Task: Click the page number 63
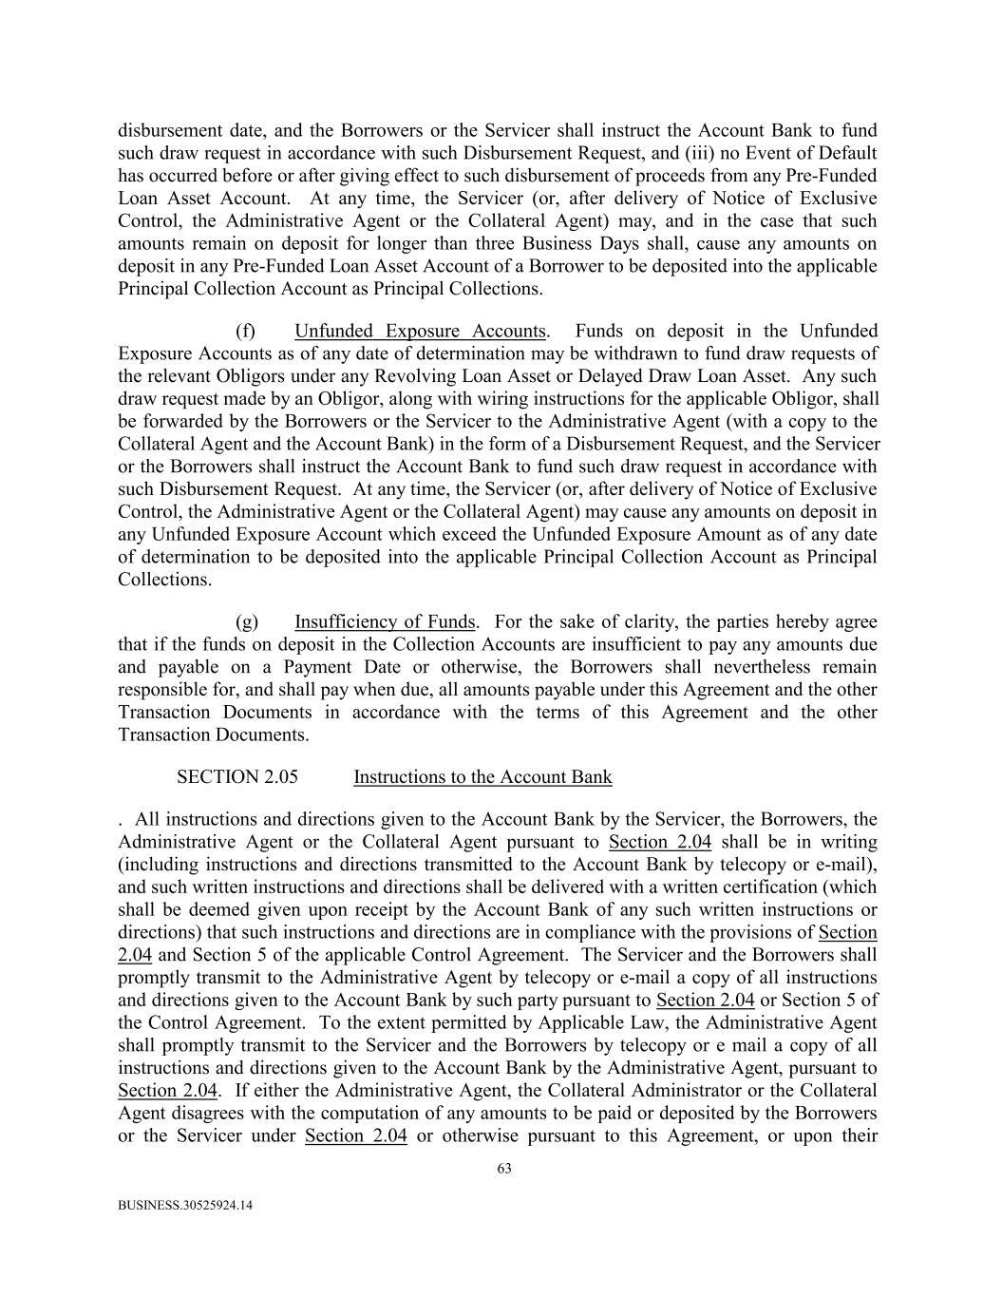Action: [x=503, y=1169]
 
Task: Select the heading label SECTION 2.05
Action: [x=236, y=777]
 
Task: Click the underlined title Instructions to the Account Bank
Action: [x=482, y=777]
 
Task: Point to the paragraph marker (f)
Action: [x=245, y=332]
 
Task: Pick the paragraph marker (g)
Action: [x=246, y=622]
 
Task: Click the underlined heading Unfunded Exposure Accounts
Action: [x=420, y=332]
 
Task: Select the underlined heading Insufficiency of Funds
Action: [x=385, y=622]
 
